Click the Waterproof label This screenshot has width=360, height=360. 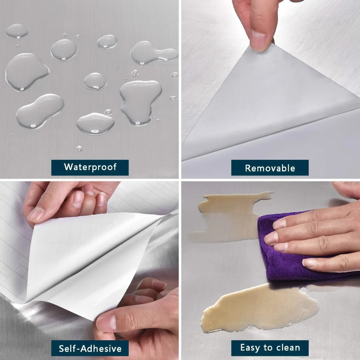point(90,167)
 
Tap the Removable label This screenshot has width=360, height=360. point(270,168)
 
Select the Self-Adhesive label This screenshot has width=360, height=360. point(90,348)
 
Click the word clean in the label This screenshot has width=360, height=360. point(288,347)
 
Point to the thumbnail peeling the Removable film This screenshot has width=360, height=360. point(259,40)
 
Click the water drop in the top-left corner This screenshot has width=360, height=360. point(17,31)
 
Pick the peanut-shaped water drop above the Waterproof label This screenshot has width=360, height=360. point(40,111)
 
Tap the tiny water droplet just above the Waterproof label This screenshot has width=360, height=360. point(79,148)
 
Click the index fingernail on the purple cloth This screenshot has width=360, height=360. point(279,224)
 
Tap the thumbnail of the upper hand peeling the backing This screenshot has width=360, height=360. point(36,215)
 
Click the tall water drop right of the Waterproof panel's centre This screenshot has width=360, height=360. point(140,103)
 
